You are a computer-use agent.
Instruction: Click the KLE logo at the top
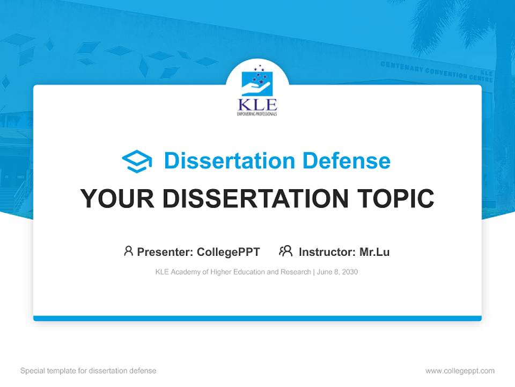point(257,91)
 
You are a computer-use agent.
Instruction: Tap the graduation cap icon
point(137,161)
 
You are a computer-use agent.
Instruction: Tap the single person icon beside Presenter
point(128,251)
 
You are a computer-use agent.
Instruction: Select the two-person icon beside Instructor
point(285,251)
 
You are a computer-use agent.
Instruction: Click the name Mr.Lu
point(374,252)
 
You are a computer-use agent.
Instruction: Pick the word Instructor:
point(327,252)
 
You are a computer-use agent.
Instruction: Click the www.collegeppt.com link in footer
point(460,371)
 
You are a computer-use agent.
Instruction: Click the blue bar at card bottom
point(257,318)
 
